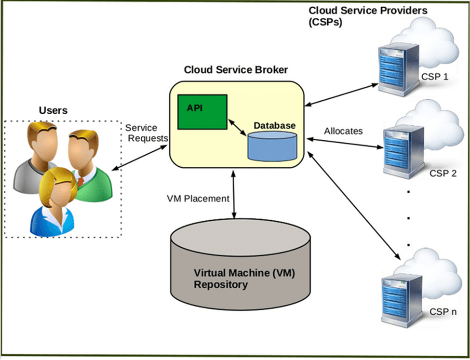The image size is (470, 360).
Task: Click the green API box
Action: pyautogui.click(x=202, y=112)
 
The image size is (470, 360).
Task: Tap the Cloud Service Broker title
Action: pyautogui.click(x=236, y=70)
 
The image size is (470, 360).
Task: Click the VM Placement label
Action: pyautogui.click(x=198, y=198)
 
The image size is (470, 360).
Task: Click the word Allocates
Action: pyautogui.click(x=343, y=131)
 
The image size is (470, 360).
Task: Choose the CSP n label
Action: pyautogui.click(x=443, y=312)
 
